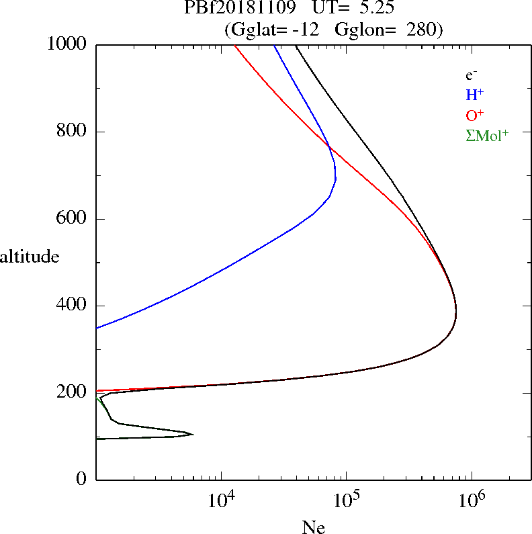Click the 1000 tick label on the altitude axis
66,44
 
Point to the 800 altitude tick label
72,132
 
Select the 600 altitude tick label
72,219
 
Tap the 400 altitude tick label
72,306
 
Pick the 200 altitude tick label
72,393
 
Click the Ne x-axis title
313,528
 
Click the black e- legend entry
472,75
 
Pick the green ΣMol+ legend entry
487,135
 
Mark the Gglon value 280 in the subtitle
420,30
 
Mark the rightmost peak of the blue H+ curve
336,179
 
